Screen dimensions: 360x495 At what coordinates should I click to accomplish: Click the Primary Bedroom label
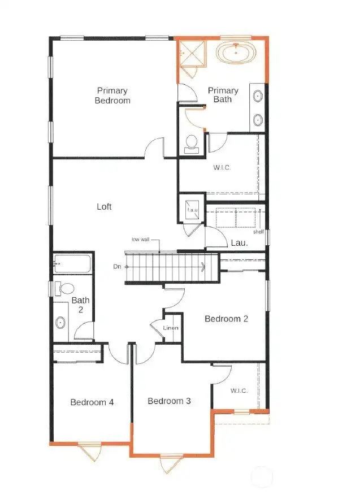tap(112, 95)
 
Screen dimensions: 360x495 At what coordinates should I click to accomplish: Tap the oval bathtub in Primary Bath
tap(236, 53)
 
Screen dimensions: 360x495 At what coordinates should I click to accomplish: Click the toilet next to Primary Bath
tap(192, 144)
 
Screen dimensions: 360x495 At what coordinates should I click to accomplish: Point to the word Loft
tap(104, 207)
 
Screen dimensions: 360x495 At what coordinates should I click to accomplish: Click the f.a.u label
tap(192, 210)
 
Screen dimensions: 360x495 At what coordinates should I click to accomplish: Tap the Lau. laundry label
tap(239, 243)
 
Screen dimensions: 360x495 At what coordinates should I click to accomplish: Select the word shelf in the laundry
tap(258, 232)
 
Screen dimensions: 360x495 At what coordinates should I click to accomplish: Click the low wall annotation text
tap(141, 239)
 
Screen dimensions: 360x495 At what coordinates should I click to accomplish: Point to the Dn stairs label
tap(117, 267)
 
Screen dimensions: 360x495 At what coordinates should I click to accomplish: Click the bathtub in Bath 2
tap(72, 263)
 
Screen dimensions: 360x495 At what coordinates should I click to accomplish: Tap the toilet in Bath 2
tap(64, 289)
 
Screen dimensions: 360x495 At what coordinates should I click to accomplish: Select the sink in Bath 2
tap(60, 323)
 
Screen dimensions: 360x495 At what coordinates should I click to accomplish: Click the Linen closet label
tap(171, 328)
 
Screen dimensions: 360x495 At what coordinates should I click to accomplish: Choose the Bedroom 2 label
tap(227, 319)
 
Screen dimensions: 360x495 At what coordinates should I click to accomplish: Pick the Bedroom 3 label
tap(170, 401)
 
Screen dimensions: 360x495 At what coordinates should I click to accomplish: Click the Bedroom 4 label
tap(92, 402)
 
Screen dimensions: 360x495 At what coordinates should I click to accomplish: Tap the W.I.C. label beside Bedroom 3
tap(239, 391)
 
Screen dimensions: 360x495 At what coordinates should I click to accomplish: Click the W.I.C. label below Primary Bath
tap(222, 168)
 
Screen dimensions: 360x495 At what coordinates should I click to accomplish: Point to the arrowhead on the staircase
tap(202, 267)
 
